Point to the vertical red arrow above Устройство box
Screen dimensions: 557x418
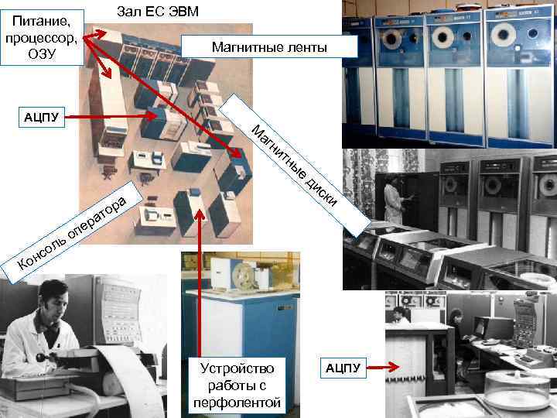click(x=200, y=279)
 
